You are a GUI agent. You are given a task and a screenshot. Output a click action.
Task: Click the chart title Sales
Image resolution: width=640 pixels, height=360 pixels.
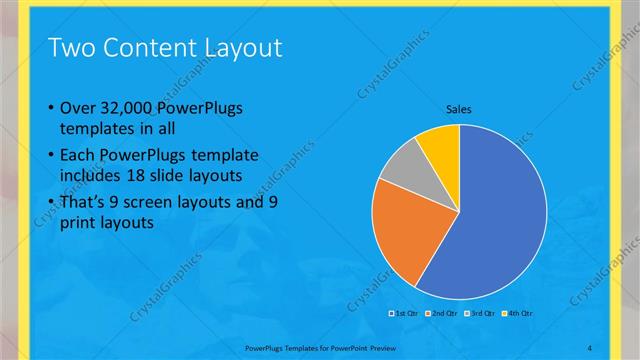[x=458, y=109]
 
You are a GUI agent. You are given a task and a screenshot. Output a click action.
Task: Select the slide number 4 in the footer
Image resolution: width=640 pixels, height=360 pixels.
[x=590, y=347]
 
